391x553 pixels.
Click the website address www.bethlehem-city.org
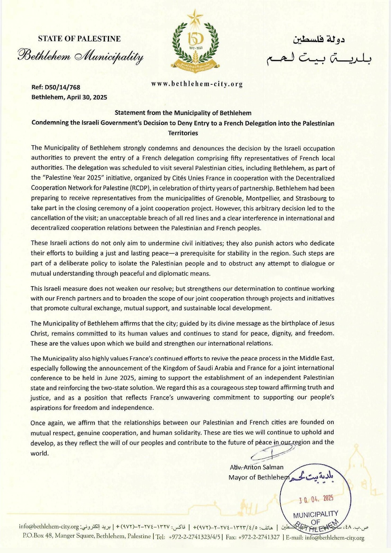point(197,84)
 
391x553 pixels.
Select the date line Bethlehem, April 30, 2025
point(69,97)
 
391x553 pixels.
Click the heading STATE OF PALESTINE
point(79,39)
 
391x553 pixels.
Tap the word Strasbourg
point(311,198)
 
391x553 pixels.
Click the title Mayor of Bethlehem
point(259,477)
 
